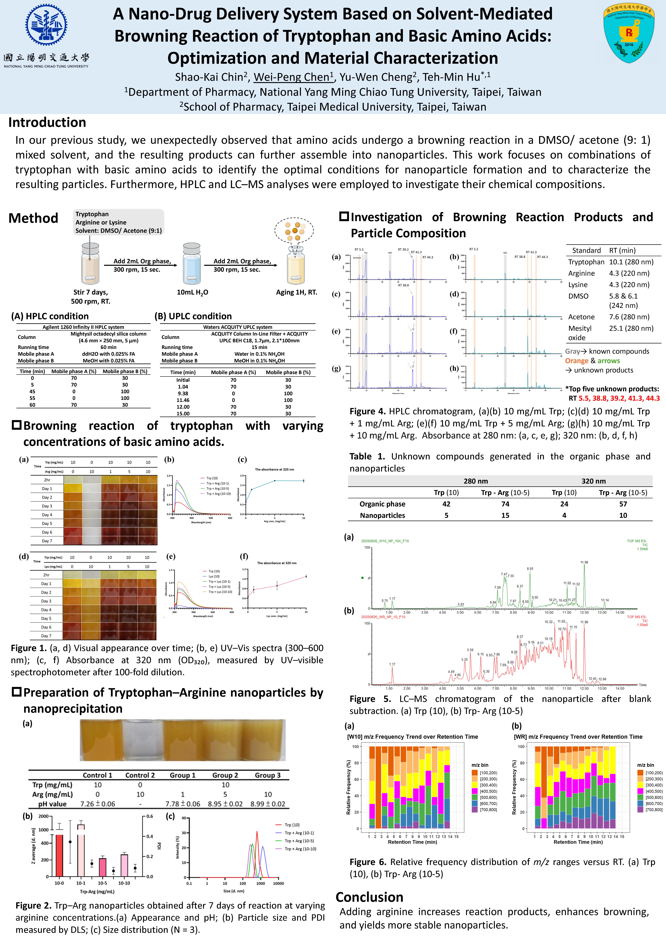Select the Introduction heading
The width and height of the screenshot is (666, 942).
click(47, 123)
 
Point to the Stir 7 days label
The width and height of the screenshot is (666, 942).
click(91, 292)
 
